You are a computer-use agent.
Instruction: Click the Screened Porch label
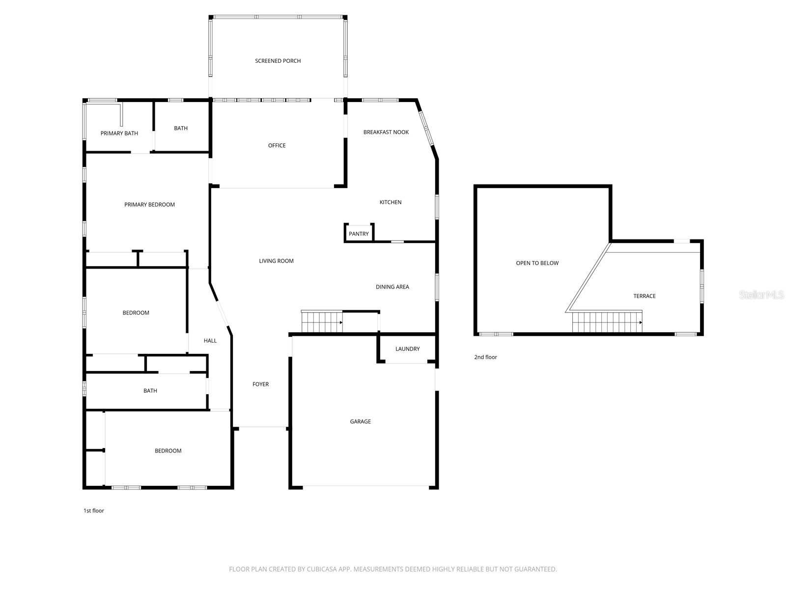[278, 61]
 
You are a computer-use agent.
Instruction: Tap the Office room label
[277, 145]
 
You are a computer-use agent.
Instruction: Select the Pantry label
[359, 234]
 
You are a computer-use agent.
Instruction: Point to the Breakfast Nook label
[386, 132]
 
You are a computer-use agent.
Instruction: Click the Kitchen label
[391, 202]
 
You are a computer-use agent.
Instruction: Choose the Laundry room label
[407, 348]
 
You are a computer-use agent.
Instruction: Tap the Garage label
[360, 421]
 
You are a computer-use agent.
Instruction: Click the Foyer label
[260, 384]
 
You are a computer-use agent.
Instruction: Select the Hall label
[210, 341]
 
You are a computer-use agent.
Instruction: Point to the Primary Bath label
[119, 133]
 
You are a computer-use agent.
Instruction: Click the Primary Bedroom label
[149, 205]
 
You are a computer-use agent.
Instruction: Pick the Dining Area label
[392, 287]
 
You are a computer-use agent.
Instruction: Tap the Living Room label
[276, 261]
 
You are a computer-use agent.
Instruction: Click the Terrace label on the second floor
[644, 296]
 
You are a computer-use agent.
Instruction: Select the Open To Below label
[537, 263]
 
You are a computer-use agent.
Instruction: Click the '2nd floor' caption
[485, 357]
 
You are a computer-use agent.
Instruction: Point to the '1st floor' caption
[93, 510]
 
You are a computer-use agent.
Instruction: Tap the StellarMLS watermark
[761, 294]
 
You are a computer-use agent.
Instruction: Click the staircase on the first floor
[322, 321]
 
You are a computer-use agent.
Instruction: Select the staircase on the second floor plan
[607, 322]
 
